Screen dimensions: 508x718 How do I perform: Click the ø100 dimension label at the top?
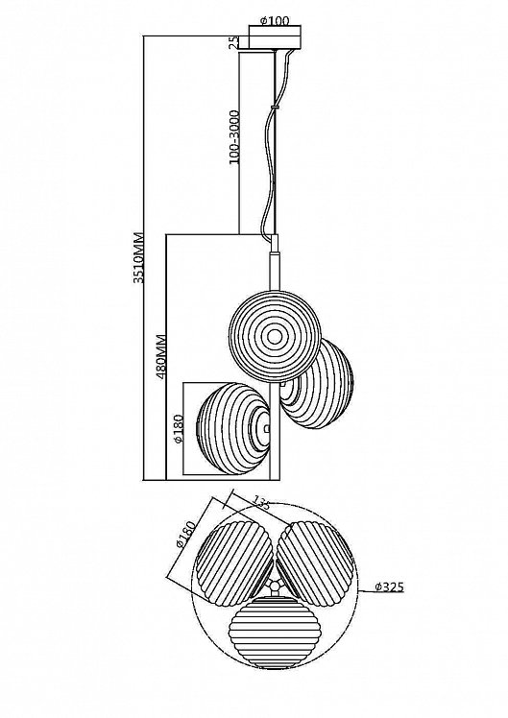coord(275,20)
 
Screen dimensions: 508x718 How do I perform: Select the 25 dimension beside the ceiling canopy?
coord(233,42)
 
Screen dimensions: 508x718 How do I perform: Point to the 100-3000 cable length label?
coord(233,137)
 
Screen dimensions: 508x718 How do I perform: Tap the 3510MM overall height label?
coord(139,258)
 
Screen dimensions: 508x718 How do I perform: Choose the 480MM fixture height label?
coord(160,358)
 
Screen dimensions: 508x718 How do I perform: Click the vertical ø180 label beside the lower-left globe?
coord(179,429)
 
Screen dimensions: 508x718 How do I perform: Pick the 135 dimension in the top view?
coord(260,503)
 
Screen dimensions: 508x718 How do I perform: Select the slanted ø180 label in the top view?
coord(185,535)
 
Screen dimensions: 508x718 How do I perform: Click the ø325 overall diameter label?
coord(389,587)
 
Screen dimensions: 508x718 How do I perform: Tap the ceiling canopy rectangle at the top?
coord(275,37)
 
